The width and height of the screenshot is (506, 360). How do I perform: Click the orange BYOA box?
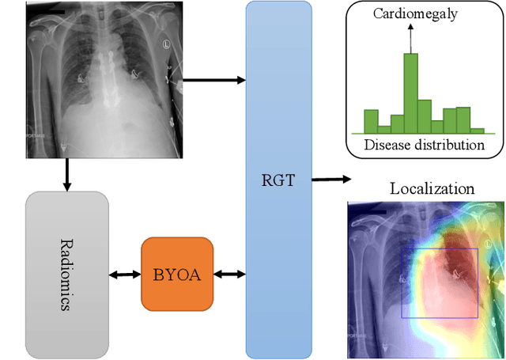(x=177, y=274)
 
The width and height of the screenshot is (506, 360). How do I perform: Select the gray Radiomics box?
(x=66, y=274)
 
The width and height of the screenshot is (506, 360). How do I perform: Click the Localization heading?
(x=432, y=189)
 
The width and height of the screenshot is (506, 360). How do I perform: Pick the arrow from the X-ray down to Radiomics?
(x=66, y=174)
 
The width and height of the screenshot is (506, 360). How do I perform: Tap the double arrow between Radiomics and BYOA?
(x=125, y=275)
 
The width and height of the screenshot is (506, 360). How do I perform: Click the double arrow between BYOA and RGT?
(x=229, y=275)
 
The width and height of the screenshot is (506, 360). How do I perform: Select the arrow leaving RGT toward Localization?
(x=330, y=180)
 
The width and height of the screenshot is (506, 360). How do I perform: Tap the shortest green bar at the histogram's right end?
(x=477, y=129)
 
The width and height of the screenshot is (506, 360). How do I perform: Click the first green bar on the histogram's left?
(x=370, y=120)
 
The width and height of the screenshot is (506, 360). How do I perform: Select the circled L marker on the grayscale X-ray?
(x=168, y=44)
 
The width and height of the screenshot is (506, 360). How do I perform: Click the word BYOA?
(x=177, y=275)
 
